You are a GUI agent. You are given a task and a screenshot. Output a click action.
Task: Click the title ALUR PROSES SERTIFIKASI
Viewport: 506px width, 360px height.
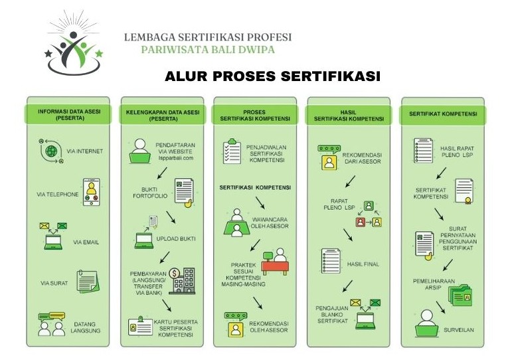pyautogui.click(x=272, y=76)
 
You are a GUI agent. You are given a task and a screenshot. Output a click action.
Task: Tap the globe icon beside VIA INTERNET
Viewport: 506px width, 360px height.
pyautogui.click(x=51, y=151)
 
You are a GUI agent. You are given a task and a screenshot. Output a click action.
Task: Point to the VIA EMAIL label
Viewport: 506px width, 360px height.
pyautogui.click(x=86, y=242)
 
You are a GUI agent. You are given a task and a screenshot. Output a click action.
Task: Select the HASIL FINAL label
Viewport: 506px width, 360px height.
pyautogui.click(x=363, y=264)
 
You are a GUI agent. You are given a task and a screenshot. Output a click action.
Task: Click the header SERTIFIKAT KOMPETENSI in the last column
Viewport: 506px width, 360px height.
pyautogui.click(x=443, y=114)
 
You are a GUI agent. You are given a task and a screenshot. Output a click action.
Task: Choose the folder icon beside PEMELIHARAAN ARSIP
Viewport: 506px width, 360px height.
pyautogui.click(x=459, y=294)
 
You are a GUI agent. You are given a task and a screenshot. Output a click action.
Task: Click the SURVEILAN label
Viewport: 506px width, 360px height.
pyautogui.click(x=458, y=329)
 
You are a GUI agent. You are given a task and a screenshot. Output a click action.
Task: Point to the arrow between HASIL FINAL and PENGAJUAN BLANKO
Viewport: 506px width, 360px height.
pyautogui.click(x=346, y=286)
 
